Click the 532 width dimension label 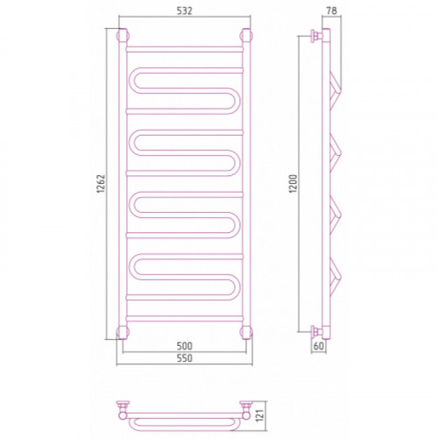point(185,11)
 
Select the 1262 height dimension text point(101,184)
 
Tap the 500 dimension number point(185,346)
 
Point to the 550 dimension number point(185,358)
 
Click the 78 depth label point(331,11)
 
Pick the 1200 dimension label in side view point(293,183)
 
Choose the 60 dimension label point(319,346)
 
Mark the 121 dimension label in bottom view point(259,415)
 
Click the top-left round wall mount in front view point(123,36)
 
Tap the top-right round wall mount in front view point(246,36)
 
